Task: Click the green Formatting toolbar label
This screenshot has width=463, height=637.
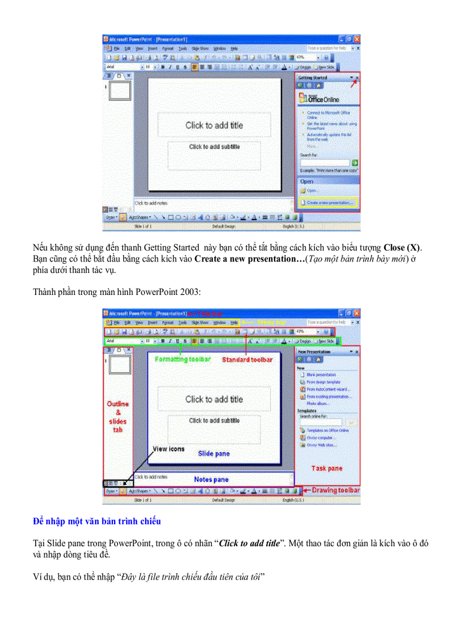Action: tap(183, 360)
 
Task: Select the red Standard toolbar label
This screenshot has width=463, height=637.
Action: tap(247, 360)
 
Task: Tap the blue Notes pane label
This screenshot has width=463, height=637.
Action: tap(211, 479)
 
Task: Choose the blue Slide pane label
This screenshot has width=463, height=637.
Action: tap(213, 454)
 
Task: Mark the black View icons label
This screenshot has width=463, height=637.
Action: tap(169, 449)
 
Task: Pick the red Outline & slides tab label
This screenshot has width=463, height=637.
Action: tap(118, 417)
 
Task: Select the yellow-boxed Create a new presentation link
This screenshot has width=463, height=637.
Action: tap(329, 202)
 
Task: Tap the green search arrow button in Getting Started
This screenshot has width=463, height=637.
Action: tap(355, 163)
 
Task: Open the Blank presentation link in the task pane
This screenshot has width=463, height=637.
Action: tap(321, 375)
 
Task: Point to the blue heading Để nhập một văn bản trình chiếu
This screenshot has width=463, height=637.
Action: tap(97, 521)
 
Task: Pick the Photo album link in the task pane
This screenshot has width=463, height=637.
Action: tap(318, 403)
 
